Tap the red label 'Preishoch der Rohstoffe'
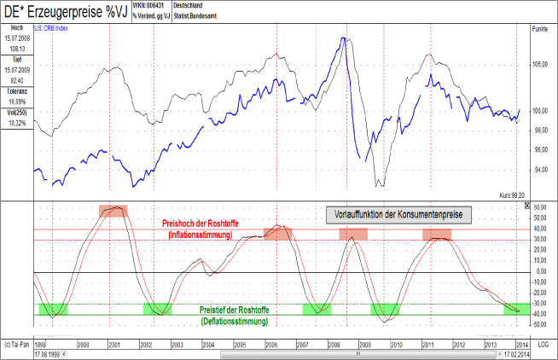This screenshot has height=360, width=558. [201, 224]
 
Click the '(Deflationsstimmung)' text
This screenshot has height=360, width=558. [234, 322]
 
